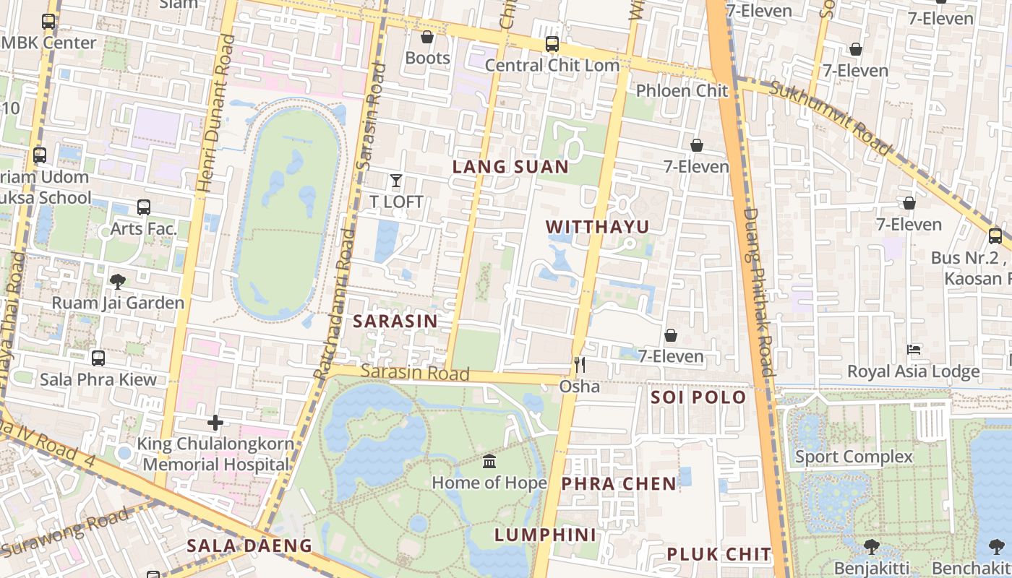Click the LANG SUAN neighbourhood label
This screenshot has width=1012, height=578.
510,167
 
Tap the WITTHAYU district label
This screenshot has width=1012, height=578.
597,227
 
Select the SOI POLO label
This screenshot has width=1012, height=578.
698,397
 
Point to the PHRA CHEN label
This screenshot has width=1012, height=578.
619,483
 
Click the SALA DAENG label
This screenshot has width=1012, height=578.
249,545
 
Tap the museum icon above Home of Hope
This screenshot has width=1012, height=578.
489,461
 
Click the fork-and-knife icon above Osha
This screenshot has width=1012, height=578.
579,365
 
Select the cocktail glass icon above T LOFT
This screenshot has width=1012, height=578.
396,181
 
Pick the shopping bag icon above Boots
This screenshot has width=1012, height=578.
427,37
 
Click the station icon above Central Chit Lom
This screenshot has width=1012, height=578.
552,44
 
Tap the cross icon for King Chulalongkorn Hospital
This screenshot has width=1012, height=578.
215,423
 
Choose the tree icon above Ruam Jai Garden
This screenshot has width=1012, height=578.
118,281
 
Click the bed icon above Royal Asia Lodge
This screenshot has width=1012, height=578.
914,350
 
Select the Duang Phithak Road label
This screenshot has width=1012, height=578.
759,289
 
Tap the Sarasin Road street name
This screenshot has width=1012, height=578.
415,372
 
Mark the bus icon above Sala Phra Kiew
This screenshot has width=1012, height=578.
98,358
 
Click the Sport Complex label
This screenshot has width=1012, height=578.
854,457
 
